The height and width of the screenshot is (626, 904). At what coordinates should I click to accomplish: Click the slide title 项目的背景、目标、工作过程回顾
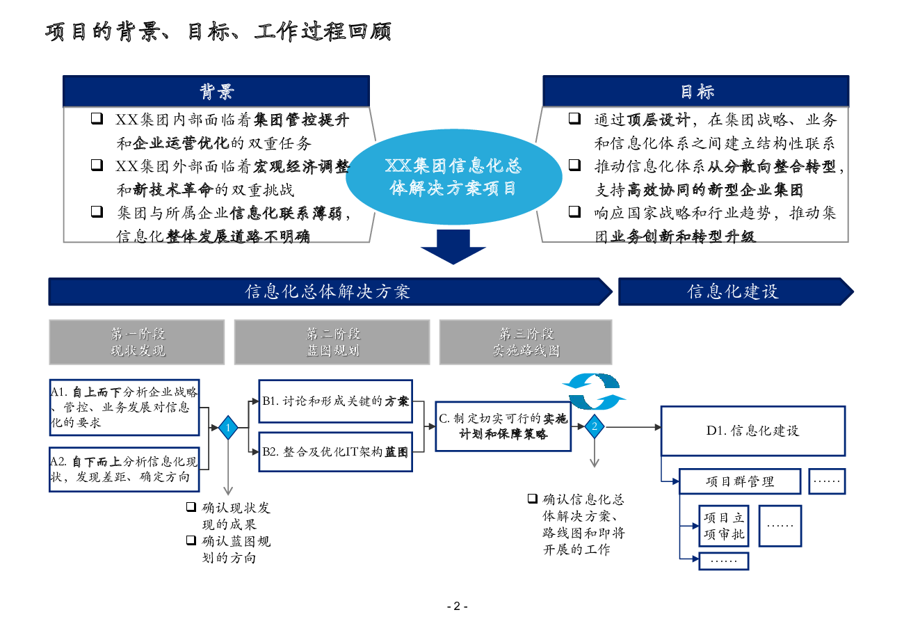coord(218,31)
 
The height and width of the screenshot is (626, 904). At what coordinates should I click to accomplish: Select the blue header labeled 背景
coord(216,91)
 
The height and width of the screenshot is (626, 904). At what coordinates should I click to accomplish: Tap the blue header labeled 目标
coord(696,91)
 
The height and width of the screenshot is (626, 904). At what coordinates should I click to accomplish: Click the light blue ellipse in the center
coord(453,177)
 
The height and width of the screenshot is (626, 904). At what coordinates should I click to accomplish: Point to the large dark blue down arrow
coord(453,247)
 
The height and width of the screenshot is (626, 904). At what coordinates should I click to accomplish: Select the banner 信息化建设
coord(736,291)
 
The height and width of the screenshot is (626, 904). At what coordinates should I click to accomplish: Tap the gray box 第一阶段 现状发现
coord(137,342)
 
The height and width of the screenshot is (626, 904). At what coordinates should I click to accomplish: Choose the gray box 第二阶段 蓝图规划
coord(332,342)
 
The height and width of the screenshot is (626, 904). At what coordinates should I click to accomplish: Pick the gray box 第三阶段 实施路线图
coord(526,342)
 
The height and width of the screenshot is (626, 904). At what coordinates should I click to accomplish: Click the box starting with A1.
coord(124,407)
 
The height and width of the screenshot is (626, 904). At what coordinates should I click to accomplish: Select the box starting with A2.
coord(124,469)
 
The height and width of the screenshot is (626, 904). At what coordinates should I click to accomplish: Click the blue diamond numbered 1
coord(228,428)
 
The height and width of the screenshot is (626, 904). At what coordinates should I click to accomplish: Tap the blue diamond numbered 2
coord(595,426)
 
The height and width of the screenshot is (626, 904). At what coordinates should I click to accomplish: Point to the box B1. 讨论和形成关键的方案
coord(335,401)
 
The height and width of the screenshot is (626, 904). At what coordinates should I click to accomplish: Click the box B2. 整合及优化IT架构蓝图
coord(335,452)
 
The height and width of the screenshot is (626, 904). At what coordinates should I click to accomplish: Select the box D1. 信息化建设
coord(753,431)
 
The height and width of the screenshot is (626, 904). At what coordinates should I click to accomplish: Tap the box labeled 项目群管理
coord(740,481)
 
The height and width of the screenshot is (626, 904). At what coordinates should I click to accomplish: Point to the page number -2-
coord(458,607)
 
